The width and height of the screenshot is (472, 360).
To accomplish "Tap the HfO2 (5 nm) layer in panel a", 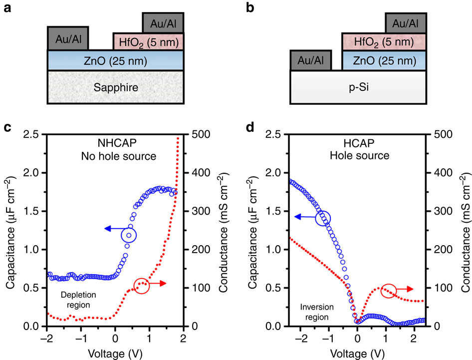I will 149,41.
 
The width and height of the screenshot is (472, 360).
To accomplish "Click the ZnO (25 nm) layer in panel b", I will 384,61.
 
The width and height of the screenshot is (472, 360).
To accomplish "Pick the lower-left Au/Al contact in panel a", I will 68,38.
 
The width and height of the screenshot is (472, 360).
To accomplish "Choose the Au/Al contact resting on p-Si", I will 311,60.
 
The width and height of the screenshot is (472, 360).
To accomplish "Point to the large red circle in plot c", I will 142,286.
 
